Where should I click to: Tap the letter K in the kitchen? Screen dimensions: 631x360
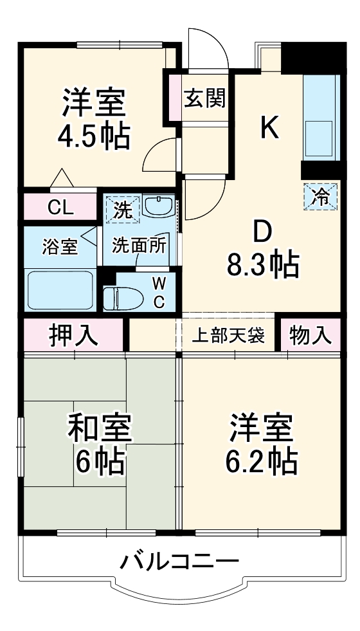270,128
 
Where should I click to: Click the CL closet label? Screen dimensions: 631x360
61,207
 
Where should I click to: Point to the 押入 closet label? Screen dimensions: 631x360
75,335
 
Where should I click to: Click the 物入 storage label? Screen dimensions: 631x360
310,335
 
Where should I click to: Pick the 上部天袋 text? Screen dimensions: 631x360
229,336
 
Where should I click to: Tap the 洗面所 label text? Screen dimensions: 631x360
139,245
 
